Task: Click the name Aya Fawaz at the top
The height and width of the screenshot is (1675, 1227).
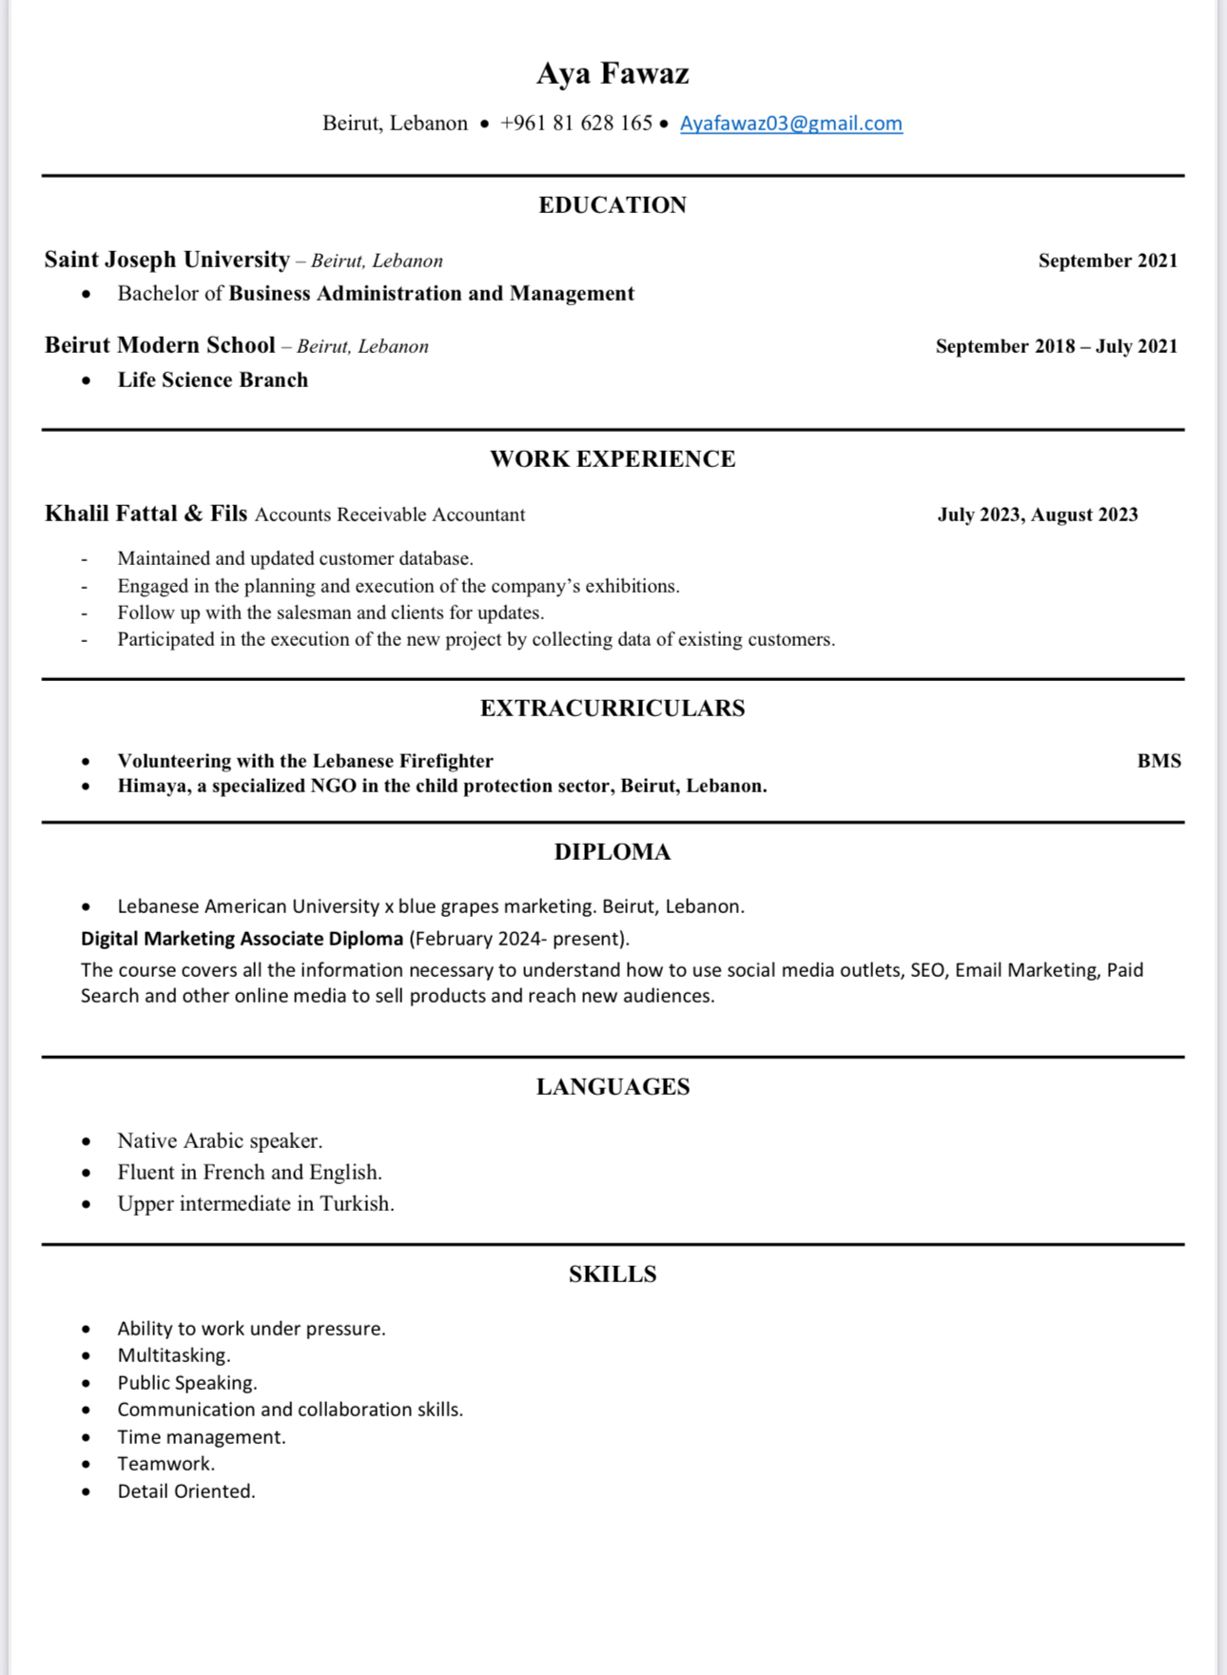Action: tap(613, 73)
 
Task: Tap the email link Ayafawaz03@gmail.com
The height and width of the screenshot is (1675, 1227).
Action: tap(790, 124)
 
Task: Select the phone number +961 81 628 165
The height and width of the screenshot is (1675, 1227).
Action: tap(576, 124)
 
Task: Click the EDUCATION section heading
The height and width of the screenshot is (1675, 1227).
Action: tap(613, 205)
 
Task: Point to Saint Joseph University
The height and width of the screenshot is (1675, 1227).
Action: tap(167, 260)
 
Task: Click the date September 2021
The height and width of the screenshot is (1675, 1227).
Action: tap(1107, 261)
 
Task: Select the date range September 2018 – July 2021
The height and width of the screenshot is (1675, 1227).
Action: tap(1056, 346)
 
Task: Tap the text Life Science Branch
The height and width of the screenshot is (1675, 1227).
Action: tap(213, 380)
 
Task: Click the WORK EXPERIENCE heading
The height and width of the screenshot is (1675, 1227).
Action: tap(613, 459)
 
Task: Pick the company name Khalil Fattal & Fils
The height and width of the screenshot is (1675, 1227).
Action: tap(146, 515)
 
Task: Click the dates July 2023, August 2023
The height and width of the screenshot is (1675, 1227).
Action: tap(1037, 515)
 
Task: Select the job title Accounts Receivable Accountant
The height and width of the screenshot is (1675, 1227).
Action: tap(390, 516)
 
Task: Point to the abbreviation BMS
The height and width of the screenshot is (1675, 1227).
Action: tap(1159, 761)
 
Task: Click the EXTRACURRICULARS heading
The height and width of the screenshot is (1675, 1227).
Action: tap(613, 709)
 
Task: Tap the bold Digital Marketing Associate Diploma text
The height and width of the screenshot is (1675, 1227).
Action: tap(242, 939)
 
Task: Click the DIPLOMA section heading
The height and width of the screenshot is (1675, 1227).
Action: tap(613, 852)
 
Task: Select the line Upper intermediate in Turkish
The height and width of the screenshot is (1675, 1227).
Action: tap(256, 1204)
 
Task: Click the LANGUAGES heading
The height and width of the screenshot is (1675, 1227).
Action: tap(613, 1087)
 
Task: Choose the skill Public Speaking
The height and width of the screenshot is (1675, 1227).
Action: tap(187, 1383)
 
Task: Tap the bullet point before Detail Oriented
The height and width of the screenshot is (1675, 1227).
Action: tap(87, 1491)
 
